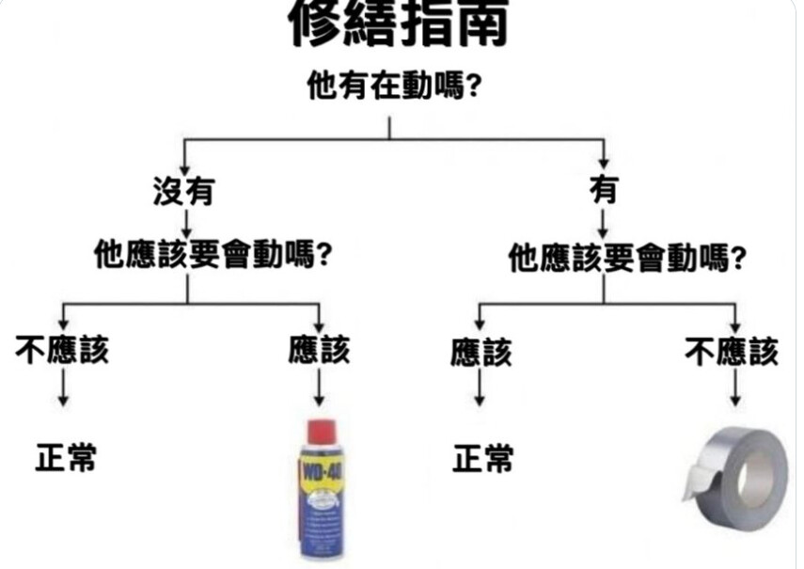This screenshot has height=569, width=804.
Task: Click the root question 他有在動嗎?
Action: [394, 86]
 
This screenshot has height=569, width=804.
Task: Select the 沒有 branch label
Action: [184, 191]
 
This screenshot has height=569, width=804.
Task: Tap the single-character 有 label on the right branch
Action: [604, 189]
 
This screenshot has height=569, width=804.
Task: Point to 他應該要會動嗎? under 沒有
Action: [212, 255]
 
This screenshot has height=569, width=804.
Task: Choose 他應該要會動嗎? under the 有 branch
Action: [626, 258]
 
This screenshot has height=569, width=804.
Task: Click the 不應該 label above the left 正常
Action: [62, 350]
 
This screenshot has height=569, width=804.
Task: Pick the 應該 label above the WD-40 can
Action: [319, 350]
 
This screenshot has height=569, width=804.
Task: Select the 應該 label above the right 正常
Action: [481, 353]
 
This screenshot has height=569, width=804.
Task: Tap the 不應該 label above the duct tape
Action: [732, 352]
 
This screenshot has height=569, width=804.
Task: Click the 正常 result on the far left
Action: [66, 457]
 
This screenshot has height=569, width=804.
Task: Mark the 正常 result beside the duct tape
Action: [482, 458]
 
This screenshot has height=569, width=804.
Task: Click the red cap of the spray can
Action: [322, 432]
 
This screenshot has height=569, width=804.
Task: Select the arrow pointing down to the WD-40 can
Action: [319, 387]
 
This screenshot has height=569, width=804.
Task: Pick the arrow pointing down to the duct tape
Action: [734, 387]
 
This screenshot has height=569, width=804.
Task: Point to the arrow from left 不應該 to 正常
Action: [63, 387]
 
